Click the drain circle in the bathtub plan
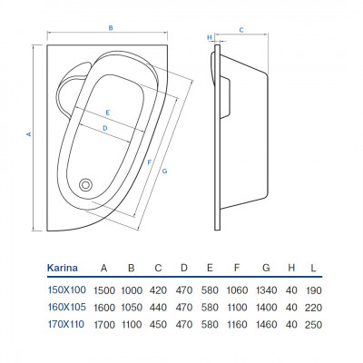[85, 184]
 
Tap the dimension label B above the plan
[111, 28]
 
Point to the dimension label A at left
[29, 133]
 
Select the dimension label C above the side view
[241, 30]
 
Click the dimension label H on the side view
[210, 37]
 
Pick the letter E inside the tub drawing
[108, 113]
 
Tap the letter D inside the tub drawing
[105, 128]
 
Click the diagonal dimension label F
[149, 162]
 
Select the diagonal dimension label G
[164, 172]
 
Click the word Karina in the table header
[63, 268]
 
